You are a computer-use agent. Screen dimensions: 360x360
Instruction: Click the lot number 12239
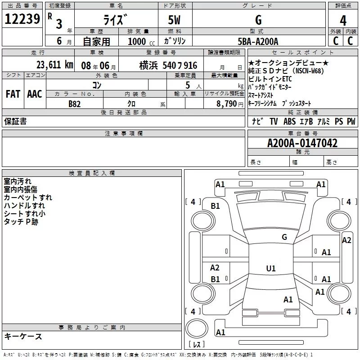[22, 19]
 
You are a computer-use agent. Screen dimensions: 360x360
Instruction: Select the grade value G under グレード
[258, 20]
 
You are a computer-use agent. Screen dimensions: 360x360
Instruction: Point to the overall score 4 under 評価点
[343, 21]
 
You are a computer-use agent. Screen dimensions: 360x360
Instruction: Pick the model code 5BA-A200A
[258, 41]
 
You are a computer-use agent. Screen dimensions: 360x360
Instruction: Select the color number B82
[75, 103]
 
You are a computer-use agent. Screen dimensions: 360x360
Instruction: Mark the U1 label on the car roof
[270, 269]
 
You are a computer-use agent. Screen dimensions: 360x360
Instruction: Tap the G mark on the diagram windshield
[284, 237]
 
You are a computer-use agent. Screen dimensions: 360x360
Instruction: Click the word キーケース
[23, 337]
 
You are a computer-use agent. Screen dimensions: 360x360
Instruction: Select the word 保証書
[15, 121]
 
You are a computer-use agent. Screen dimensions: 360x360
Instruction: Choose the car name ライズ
[115, 20]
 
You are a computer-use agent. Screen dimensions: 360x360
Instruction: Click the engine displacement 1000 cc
[138, 41]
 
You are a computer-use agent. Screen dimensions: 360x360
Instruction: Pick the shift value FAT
[13, 94]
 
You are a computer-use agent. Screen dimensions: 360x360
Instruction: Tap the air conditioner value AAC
[34, 94]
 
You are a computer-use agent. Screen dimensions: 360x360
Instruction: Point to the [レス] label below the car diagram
[197, 345]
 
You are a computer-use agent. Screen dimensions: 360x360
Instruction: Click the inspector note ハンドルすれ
[24, 206]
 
